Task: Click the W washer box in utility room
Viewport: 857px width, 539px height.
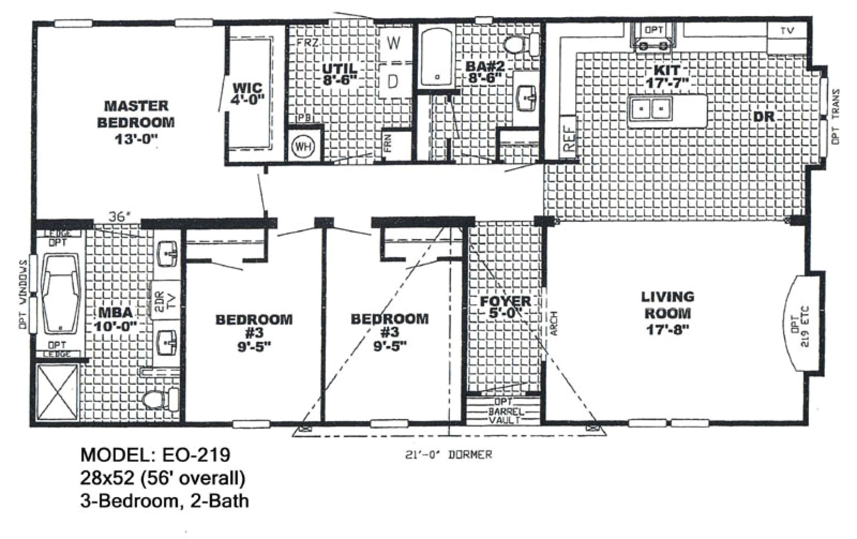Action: (x=393, y=44)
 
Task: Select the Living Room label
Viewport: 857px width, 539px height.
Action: (x=668, y=305)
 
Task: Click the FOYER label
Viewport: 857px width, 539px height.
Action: (x=505, y=301)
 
